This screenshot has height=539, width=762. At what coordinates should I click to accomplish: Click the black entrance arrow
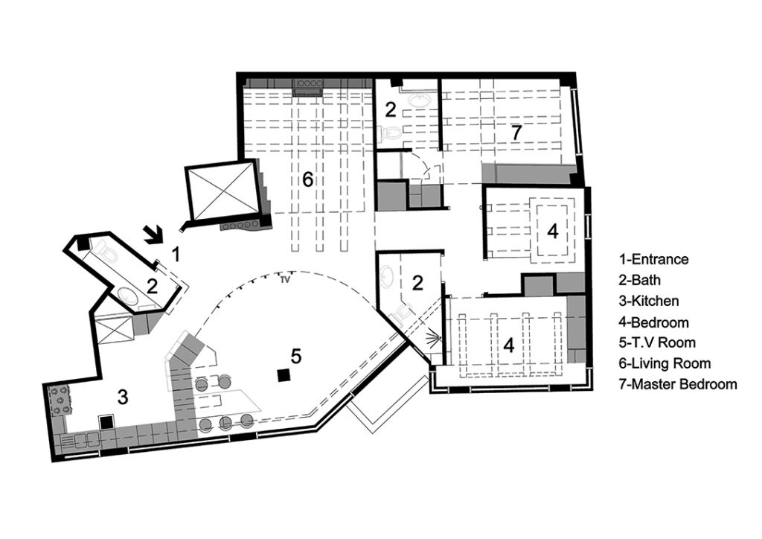click(155, 235)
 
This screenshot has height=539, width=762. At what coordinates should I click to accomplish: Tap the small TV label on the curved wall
click(285, 279)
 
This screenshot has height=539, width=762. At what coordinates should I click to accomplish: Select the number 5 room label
click(296, 357)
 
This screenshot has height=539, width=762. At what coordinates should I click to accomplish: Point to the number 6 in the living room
click(307, 180)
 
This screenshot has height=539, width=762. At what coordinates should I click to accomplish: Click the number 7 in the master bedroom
click(516, 133)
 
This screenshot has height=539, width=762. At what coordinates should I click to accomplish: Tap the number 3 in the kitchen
click(123, 397)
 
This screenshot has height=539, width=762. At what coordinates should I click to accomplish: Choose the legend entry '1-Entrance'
click(653, 259)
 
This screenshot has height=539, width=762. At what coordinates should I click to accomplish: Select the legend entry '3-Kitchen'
click(649, 301)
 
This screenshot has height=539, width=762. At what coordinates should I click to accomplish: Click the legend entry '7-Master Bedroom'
click(678, 384)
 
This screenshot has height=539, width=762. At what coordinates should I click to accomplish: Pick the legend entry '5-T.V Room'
click(657, 342)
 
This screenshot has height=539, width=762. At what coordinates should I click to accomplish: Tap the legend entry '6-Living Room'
click(665, 363)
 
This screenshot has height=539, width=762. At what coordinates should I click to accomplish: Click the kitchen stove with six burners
click(60, 400)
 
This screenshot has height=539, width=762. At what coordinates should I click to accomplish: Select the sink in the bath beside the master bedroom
click(417, 101)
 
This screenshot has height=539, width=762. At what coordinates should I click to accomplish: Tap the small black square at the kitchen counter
click(106, 422)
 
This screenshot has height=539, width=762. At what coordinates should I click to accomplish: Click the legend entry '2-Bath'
click(639, 280)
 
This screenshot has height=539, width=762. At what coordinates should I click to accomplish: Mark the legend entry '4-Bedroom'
click(653, 322)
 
